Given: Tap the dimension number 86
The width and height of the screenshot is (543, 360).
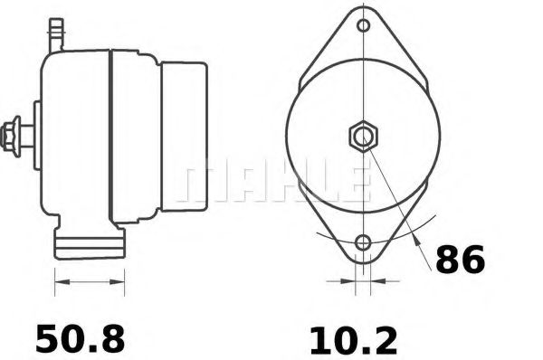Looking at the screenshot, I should coord(461,260).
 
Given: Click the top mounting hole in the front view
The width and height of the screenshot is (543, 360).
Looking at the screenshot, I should coord(363,25).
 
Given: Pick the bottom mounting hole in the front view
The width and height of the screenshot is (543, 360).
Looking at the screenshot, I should coord(363,242).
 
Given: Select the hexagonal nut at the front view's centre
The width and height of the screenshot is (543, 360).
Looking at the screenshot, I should coord(363,137).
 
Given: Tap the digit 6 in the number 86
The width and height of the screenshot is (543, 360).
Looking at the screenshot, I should coord(473,260).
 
